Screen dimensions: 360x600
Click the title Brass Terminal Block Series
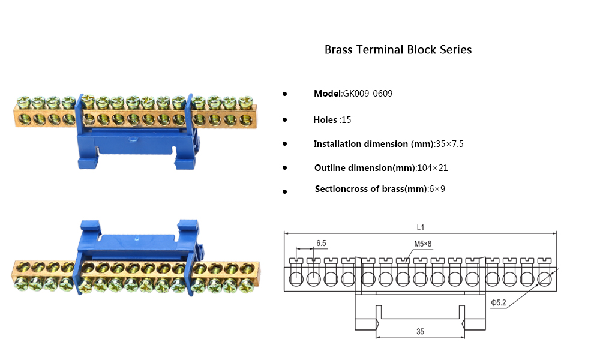(x=398, y=50)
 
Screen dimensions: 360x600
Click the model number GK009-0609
(x=368, y=94)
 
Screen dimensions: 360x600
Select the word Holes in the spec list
(x=325, y=120)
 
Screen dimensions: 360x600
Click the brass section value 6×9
(x=437, y=189)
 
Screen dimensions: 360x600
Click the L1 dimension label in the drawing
(x=420, y=227)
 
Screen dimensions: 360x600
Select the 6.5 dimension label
(x=321, y=243)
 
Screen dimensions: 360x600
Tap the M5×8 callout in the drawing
(x=422, y=244)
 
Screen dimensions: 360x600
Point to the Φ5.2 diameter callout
(x=499, y=304)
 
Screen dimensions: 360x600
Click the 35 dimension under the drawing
(x=420, y=331)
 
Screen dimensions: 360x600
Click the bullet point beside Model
(x=284, y=94)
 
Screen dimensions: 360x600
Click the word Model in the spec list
(x=327, y=94)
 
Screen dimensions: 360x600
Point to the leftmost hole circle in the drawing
(x=296, y=279)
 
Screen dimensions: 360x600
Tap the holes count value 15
(x=346, y=120)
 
